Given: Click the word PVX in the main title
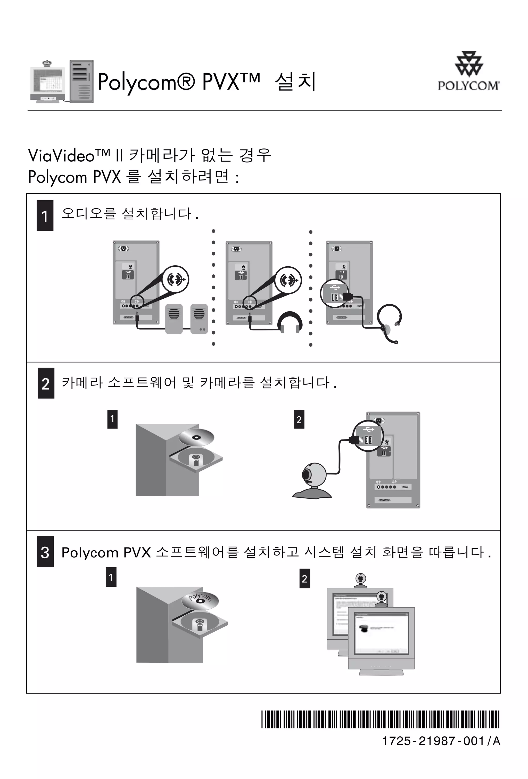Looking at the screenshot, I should (x=221, y=82).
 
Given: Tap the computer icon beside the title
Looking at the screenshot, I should (x=62, y=82).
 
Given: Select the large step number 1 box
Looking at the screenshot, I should (x=45, y=216).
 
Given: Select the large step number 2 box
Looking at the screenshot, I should (x=46, y=383).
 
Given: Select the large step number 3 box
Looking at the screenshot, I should (x=45, y=552).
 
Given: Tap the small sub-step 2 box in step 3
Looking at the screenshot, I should (x=304, y=578).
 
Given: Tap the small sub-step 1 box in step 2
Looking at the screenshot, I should (x=112, y=419).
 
